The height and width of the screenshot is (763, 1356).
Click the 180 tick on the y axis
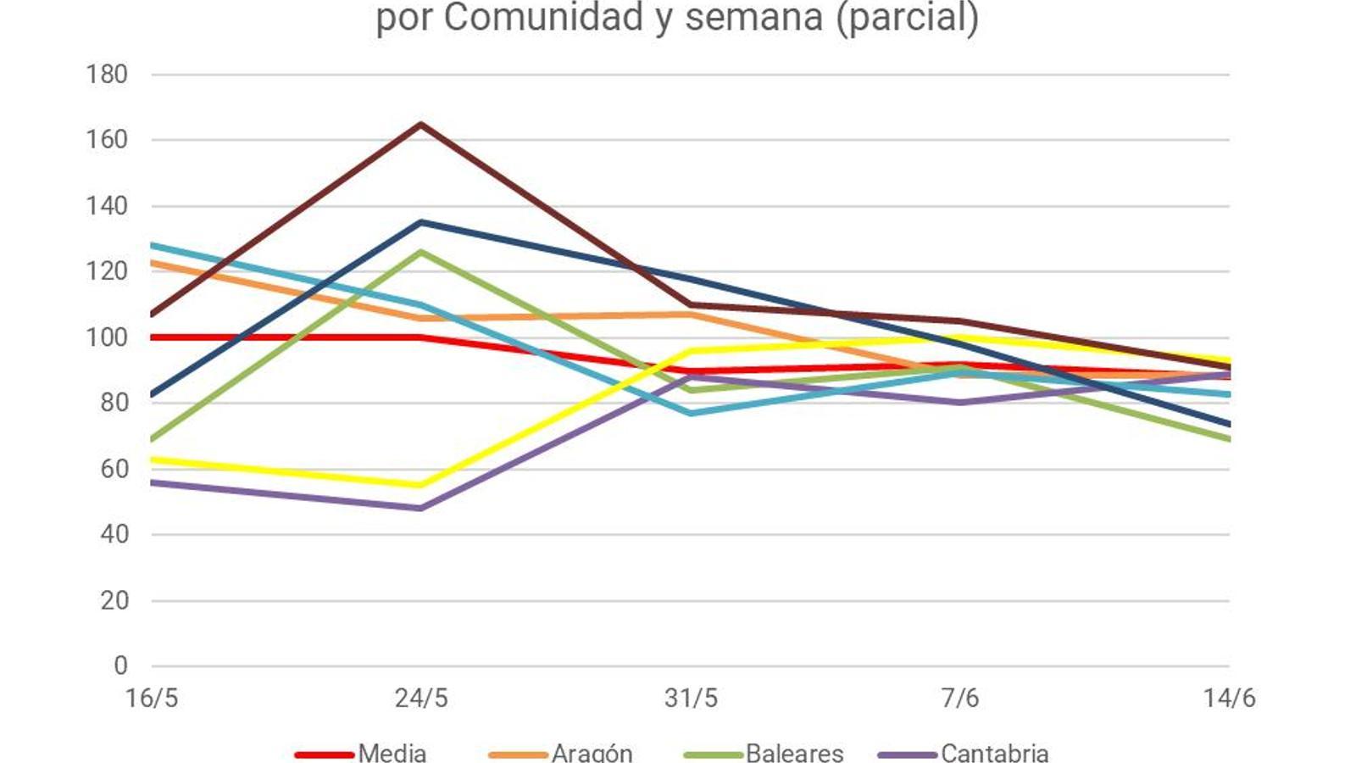(107, 75)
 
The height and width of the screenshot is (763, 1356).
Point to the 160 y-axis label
(107, 140)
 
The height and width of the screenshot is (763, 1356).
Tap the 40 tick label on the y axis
(114, 534)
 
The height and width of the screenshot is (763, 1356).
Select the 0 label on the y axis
(120, 666)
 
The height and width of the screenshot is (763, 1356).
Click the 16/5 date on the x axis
(152, 698)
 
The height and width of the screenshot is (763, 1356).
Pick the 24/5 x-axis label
(421, 698)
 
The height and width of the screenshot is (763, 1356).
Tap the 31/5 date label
(691, 698)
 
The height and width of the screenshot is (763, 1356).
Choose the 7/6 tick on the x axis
(960, 698)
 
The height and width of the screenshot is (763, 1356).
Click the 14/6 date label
(1229, 698)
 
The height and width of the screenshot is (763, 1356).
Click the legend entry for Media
(392, 753)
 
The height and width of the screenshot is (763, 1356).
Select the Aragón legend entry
(592, 753)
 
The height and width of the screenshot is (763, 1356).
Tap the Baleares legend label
(794, 753)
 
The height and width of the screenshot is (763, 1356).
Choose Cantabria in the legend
(994, 753)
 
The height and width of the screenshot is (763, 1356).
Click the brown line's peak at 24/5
(421, 125)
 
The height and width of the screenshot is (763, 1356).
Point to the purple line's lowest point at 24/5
(421, 509)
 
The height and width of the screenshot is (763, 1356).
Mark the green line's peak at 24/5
(421, 252)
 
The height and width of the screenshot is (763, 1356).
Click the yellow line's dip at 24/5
(421, 485)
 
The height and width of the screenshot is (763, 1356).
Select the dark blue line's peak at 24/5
(421, 222)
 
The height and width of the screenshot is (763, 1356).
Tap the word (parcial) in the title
(907, 17)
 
